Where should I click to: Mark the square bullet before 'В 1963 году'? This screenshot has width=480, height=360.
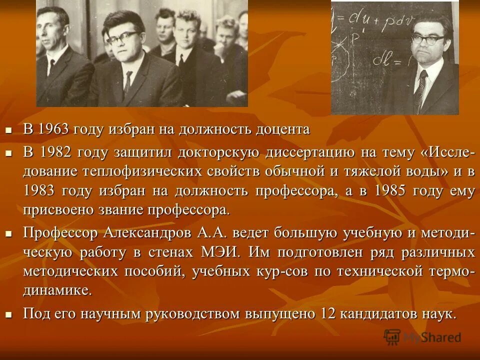pyautogui.click(x=8, y=130)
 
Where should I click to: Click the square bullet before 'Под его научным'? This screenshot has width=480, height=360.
pyautogui.click(x=8, y=315)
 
